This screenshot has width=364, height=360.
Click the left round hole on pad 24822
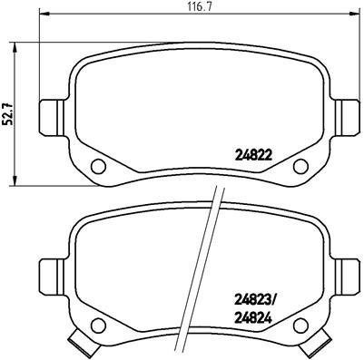(x=99, y=165)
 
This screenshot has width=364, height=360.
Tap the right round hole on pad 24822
(x=301, y=165)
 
